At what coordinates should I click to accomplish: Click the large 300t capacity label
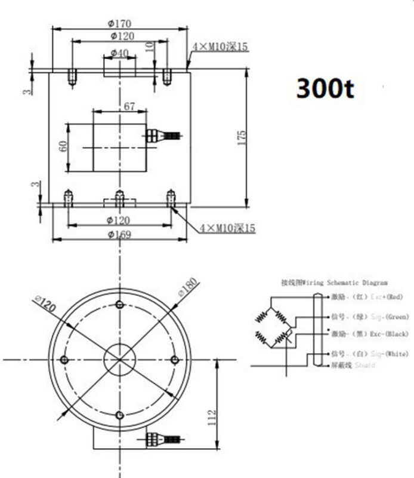325,88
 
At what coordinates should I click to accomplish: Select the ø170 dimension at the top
119,24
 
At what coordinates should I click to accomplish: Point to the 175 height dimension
242,137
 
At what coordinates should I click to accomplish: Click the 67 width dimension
129,106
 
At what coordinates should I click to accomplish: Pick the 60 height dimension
63,146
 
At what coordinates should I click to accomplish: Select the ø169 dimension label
119,234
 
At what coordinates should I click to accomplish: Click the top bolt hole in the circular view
119,305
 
